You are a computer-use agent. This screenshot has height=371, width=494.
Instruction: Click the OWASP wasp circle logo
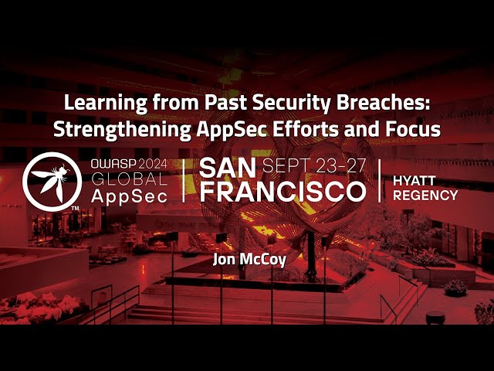coord(52,181)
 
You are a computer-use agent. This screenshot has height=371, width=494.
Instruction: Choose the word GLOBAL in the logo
coord(129,179)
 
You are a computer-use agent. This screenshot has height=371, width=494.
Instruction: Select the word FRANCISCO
coord(282,192)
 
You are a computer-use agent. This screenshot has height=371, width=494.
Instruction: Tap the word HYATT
coord(415,179)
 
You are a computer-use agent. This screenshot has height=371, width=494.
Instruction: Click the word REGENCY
coord(425,195)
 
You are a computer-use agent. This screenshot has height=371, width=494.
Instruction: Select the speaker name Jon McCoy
coord(249,259)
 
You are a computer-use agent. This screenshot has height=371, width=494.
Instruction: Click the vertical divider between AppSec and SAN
coord(184,181)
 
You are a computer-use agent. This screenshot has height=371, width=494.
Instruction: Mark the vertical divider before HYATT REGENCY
coord(380,181)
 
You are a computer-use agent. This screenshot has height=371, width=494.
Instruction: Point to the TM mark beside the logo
coord(76,208)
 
